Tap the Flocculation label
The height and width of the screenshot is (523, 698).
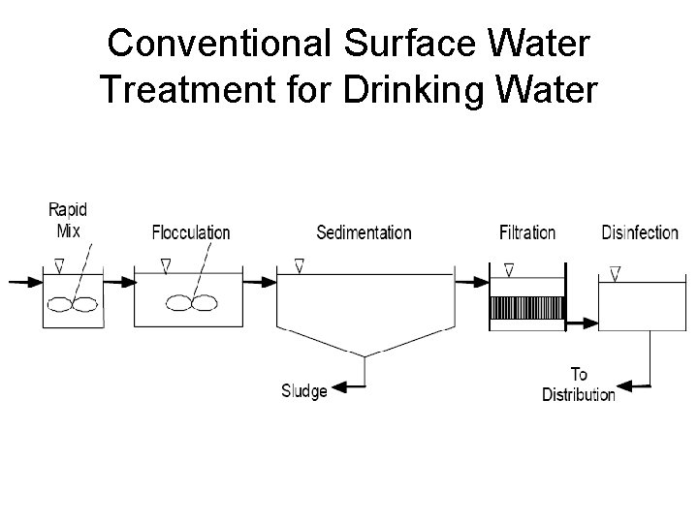pyautogui.click(x=191, y=232)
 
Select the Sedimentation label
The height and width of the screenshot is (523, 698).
pyautogui.click(x=364, y=232)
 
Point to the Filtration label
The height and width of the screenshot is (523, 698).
pyautogui.click(x=527, y=232)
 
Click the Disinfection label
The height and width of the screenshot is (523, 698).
pyautogui.click(x=640, y=232)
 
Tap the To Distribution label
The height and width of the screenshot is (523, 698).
pyautogui.click(x=578, y=385)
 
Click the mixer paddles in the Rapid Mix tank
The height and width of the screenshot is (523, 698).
pyautogui.click(x=74, y=303)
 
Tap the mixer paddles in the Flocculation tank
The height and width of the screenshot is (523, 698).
pyautogui.click(x=191, y=303)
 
